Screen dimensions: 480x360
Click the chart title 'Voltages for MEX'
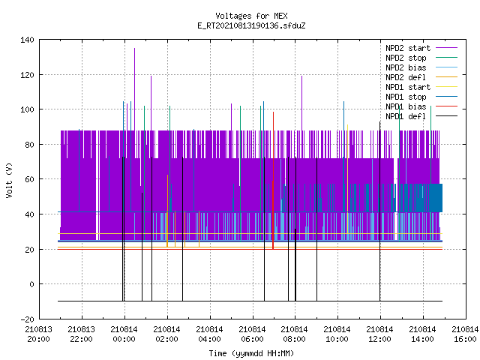251,16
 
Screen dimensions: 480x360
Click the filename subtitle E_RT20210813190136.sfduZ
251,25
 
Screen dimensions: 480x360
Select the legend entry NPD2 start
408,48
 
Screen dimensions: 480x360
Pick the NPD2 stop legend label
406,58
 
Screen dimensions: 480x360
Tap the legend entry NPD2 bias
406,67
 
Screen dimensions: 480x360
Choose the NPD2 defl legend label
406,77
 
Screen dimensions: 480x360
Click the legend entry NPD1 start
408,87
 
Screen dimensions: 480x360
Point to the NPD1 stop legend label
406,97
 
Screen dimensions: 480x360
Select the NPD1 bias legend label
406,106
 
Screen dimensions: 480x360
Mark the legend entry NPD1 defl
406,117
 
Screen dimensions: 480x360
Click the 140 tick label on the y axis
27,40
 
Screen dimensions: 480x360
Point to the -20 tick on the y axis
27,319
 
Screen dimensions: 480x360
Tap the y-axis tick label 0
31,284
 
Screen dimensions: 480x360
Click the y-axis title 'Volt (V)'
10,180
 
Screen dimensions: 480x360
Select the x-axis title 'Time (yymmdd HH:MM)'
251,353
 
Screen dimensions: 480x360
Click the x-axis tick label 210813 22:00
82,334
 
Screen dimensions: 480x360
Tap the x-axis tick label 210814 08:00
294,334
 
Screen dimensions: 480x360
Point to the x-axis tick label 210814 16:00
465,334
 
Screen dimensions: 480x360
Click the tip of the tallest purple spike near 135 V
134,48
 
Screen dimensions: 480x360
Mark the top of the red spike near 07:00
273,112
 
